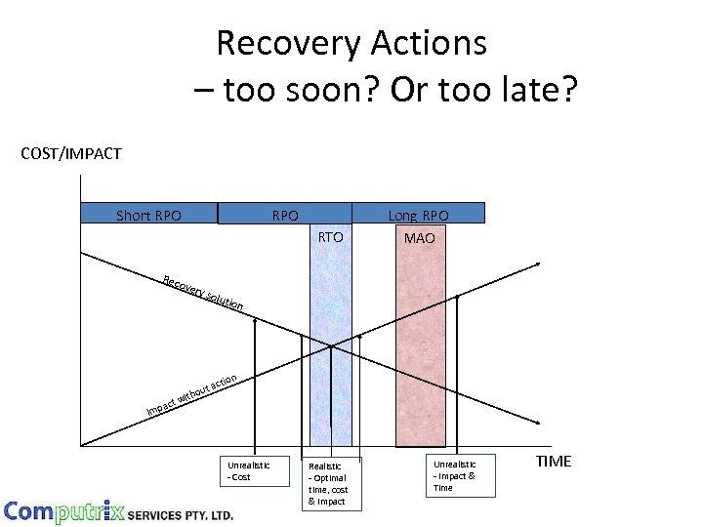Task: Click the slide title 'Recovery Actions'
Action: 351,43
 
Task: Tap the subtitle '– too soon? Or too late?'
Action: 386,91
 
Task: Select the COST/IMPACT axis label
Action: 71,153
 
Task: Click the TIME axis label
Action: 554,462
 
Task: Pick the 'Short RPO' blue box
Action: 148,215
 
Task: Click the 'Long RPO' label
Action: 418,215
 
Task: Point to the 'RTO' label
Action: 331,236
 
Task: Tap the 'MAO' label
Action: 419,237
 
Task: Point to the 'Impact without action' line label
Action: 191,393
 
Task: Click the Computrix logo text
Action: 63,511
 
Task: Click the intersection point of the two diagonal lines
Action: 331,345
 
